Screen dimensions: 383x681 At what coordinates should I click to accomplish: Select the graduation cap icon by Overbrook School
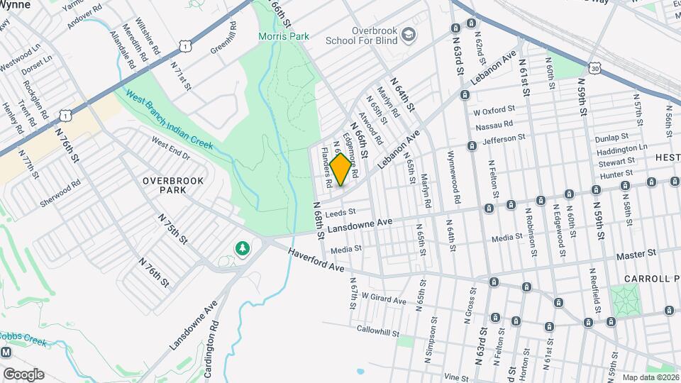(x=408, y=33)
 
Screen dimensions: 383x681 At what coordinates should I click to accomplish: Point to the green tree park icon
(x=243, y=249)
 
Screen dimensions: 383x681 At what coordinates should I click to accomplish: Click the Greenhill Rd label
(x=222, y=43)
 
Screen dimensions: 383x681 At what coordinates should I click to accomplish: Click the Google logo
(x=23, y=374)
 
